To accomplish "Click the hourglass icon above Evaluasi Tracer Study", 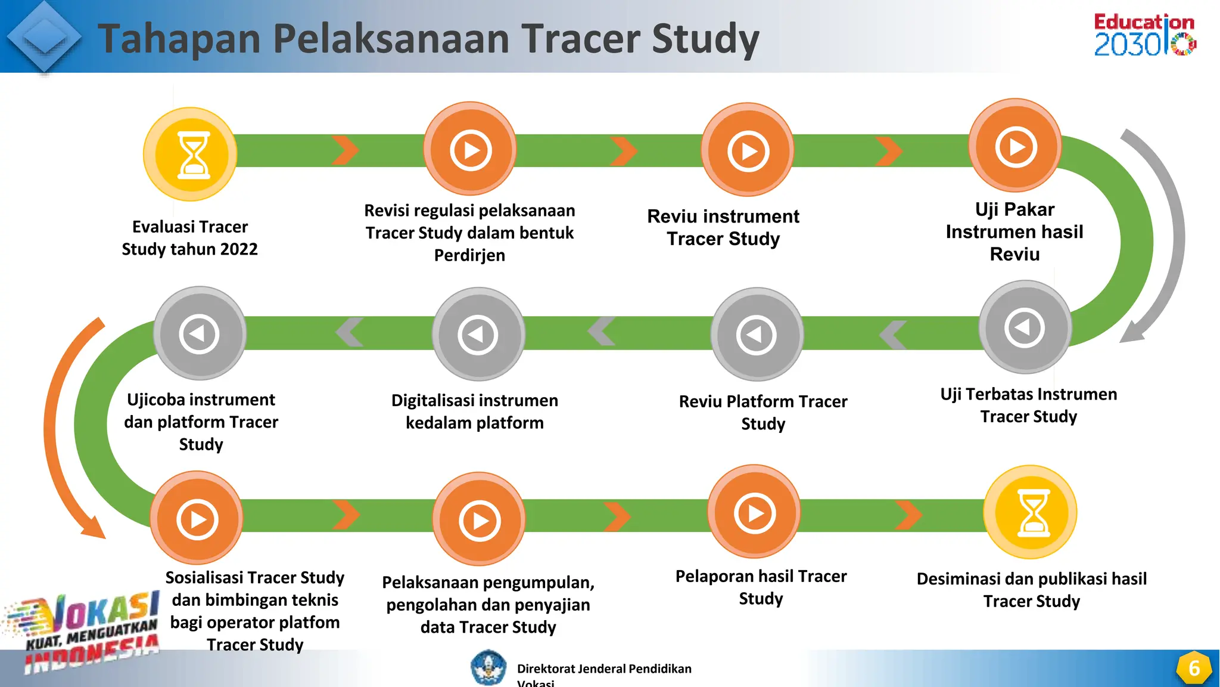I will click(191, 154).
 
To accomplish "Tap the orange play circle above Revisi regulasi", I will click(471, 149).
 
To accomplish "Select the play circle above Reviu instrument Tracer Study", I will click(748, 150).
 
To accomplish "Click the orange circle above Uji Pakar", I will click(1016, 146).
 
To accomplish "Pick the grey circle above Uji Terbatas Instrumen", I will click(1025, 327).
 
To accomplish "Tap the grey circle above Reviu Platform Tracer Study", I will click(757, 335).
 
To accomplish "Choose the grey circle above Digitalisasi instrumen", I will click(478, 335).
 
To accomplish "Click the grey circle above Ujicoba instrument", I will click(200, 333).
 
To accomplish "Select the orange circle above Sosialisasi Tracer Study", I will click(197, 518).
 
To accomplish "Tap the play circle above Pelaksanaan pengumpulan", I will click(480, 519).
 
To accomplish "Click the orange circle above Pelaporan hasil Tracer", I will click(754, 512).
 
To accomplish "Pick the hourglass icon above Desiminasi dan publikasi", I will click(1031, 512).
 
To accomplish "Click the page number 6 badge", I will click(1194, 669).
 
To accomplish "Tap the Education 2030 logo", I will click(1144, 35).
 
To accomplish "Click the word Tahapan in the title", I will click(179, 39).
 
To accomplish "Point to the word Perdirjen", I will click(469, 255).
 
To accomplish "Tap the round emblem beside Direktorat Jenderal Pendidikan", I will click(488, 667).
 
